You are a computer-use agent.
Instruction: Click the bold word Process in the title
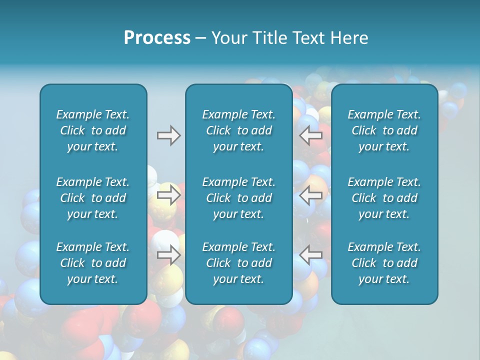pyautogui.click(x=157, y=38)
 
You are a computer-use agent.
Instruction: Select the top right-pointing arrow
pyautogui.click(x=168, y=135)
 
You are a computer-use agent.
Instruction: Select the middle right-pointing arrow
pyautogui.click(x=168, y=195)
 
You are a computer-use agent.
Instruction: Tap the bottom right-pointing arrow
pyautogui.click(x=168, y=255)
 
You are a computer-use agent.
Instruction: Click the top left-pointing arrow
pyautogui.click(x=310, y=135)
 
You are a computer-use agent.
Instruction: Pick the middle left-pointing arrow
pyautogui.click(x=310, y=195)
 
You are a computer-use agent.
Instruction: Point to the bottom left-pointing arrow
pyautogui.click(x=310, y=255)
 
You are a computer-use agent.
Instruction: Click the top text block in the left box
pyautogui.click(x=93, y=130)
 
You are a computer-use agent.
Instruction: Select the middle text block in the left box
pyautogui.click(x=93, y=198)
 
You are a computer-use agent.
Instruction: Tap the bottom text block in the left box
pyautogui.click(x=93, y=263)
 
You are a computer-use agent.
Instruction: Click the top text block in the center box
pyautogui.click(x=238, y=130)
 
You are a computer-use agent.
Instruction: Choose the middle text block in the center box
pyautogui.click(x=238, y=198)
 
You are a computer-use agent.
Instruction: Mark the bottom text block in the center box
pyautogui.click(x=238, y=263)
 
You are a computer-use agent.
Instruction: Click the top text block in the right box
pyautogui.click(x=384, y=130)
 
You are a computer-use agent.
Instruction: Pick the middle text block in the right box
pyautogui.click(x=384, y=198)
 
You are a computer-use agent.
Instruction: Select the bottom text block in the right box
pyautogui.click(x=384, y=263)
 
